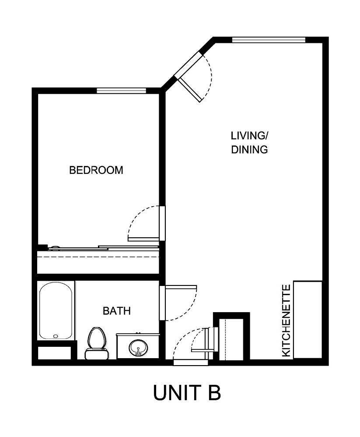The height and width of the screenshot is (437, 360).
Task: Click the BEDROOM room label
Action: [96, 170]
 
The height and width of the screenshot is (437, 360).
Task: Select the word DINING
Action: [249, 149]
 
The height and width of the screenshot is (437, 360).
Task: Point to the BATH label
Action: [116, 311]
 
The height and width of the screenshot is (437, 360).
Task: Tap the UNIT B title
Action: [187, 392]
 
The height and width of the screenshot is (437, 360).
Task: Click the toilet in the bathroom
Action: [96, 342]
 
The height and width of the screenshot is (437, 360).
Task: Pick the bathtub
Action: [56, 310]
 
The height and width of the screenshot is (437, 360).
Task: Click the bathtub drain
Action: [56, 336]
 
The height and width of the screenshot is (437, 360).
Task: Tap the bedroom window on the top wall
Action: [121, 91]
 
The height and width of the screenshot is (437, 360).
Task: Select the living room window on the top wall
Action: [268, 40]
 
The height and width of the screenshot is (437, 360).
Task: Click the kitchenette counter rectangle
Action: [308, 319]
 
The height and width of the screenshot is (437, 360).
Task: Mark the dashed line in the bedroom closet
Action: [98, 257]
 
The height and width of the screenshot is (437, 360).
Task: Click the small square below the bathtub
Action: [54, 353]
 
